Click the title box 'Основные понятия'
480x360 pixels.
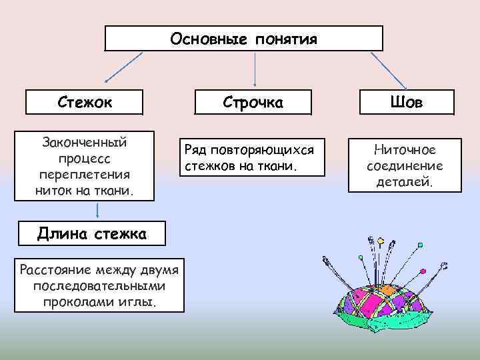[x=244, y=39]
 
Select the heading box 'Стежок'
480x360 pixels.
[x=84, y=103]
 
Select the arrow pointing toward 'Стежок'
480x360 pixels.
[x=124, y=69]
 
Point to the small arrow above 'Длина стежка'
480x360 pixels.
[x=99, y=210]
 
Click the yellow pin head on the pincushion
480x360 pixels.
[x=381, y=240]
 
